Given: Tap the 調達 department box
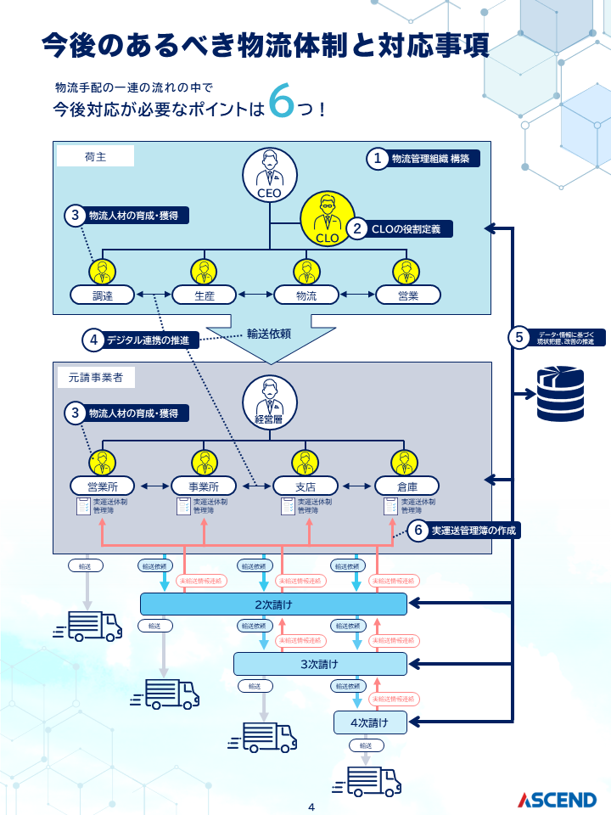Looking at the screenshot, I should point(103,295).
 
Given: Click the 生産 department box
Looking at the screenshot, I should point(204,295).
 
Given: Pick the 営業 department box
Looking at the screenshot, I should point(407,295).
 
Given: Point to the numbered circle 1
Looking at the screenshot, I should point(377,159).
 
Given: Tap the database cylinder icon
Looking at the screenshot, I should point(559,393).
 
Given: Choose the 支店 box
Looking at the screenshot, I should point(305,486).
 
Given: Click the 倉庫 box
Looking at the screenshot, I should point(407,486).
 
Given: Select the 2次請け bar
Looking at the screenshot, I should point(273,604).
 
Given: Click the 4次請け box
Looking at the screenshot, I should point(370,723).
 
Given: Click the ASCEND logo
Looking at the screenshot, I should point(558,800).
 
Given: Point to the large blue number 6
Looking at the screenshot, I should point(280,101).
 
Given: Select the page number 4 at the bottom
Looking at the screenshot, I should point(311,807).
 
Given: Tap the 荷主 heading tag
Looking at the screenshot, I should point(95,156).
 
